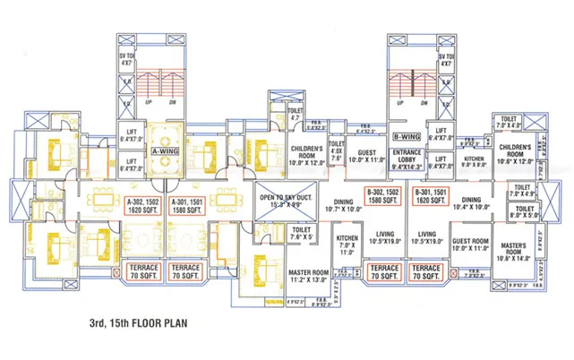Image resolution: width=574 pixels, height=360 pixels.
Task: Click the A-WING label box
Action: [x=167, y=153]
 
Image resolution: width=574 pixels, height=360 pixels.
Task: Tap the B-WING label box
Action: [x=407, y=137]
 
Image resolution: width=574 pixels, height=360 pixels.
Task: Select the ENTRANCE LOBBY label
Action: [x=407, y=159]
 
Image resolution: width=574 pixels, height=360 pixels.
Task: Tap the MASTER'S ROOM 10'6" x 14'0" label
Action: [x=513, y=252]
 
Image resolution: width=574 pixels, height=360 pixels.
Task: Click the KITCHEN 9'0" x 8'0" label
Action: [x=473, y=161]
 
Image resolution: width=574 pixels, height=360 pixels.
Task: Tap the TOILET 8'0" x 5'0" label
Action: [x=526, y=212]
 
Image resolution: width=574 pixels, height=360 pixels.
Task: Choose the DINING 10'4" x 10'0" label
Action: [x=471, y=202]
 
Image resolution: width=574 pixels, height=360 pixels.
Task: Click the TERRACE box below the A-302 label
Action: [x=143, y=271]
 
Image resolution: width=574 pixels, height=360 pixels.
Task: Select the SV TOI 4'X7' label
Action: [x=126, y=58]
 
